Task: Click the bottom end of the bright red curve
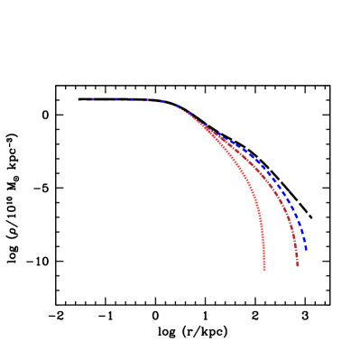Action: point(264,269)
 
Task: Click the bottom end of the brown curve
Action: point(298,265)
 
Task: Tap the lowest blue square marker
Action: point(306,247)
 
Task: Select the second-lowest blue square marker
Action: point(304,240)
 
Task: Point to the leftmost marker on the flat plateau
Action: point(78,99)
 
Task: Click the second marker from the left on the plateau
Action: point(93,99)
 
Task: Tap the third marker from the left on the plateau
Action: point(116,99)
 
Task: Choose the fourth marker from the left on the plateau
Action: point(132,99)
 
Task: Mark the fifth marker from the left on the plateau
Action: point(147,100)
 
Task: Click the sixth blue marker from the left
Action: point(162,101)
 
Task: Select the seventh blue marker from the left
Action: point(177,106)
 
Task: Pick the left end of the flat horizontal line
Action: point(78,99)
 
